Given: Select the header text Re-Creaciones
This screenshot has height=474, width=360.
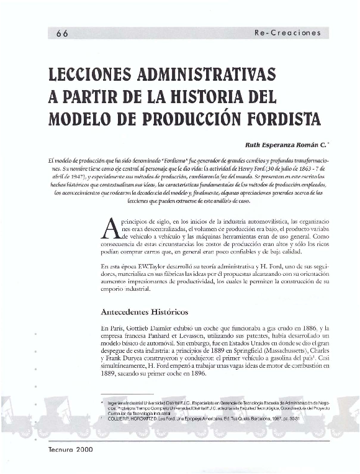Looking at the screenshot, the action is click(x=287, y=34).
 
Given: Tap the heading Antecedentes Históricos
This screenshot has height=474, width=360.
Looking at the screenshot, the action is click(x=144, y=311).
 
